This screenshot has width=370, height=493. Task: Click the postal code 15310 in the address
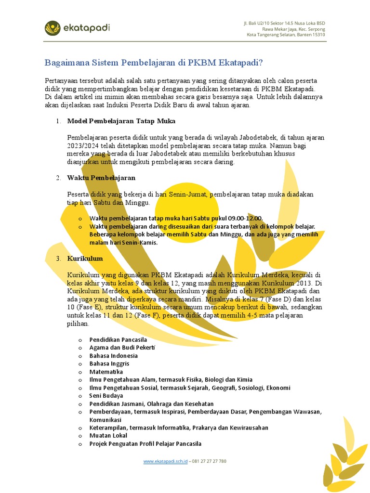(x=317, y=35)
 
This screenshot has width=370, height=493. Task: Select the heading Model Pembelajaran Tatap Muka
(x=121, y=120)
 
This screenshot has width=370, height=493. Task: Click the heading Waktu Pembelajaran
(x=101, y=178)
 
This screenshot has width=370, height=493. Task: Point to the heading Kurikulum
(x=85, y=259)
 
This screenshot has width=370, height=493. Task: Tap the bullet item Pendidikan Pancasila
(x=119, y=340)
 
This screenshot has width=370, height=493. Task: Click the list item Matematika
(x=106, y=372)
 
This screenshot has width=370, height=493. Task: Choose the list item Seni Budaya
(x=106, y=396)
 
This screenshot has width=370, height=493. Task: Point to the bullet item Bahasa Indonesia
(x=113, y=356)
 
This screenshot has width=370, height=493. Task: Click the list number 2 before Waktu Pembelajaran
(x=58, y=178)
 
